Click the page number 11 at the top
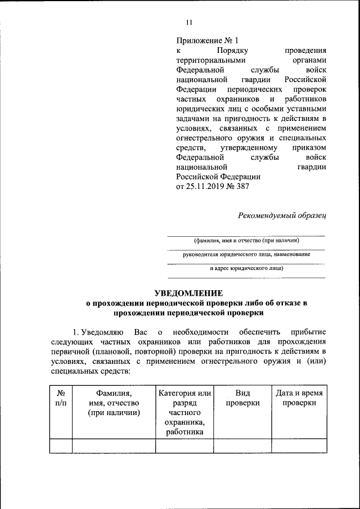coord(189,22)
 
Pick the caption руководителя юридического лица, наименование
coord(246,255)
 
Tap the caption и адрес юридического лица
coord(246,268)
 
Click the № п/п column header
coord(58,398)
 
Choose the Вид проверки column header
coord(242,398)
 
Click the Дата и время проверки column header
coord(299,398)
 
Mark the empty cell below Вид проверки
coord(242,446)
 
